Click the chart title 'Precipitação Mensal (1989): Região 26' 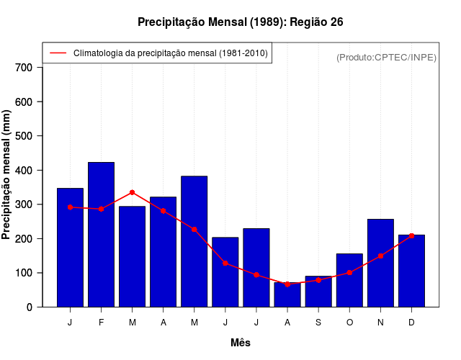click(x=240, y=22)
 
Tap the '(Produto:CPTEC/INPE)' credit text click(x=387, y=57)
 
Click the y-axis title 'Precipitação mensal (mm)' click(x=7, y=175)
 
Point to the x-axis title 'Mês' click(x=241, y=343)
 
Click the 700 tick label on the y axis click(x=24, y=68)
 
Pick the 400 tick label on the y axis click(x=24, y=171)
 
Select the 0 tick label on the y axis click(x=30, y=307)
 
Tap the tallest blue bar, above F click(x=101, y=235)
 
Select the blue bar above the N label click(x=380, y=264)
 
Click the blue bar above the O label click(x=349, y=281)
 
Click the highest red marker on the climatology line click(x=133, y=192)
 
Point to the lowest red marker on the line click(x=287, y=284)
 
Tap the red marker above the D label click(x=411, y=235)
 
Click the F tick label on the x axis click(x=101, y=323)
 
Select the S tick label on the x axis click(x=318, y=323)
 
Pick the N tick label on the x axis click(x=380, y=323)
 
